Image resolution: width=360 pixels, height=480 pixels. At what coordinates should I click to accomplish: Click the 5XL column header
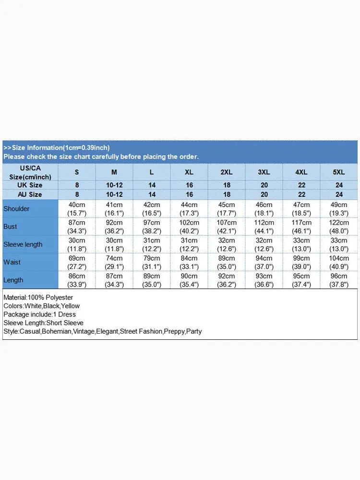point(339,172)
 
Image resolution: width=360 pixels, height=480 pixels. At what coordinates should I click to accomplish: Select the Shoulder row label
point(16,209)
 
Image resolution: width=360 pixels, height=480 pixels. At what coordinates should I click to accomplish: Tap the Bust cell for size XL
point(189,227)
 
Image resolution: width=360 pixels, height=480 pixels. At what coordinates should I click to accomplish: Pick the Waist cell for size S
point(77,262)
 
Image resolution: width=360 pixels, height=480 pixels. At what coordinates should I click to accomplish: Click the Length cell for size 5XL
point(339,280)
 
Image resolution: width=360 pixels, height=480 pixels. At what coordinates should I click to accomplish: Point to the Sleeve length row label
point(23,244)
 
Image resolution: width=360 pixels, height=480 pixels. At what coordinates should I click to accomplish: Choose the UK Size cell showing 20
point(264,185)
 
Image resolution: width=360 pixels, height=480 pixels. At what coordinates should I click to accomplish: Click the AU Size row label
point(29,194)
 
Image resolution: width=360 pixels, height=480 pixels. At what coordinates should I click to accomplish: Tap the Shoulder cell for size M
point(114,209)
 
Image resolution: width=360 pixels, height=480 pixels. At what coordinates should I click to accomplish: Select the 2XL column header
point(227,172)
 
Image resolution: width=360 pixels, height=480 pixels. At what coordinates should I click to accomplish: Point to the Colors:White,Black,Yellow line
point(41,306)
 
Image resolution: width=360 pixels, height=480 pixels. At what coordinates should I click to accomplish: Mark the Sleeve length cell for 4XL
point(301,244)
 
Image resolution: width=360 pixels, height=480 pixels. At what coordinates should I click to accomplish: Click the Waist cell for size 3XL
point(264,262)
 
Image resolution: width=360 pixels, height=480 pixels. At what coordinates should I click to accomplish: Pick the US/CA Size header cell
point(29,172)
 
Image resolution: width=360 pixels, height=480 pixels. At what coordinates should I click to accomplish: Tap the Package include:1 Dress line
point(39,314)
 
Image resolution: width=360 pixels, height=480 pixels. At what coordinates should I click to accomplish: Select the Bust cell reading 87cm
point(77,227)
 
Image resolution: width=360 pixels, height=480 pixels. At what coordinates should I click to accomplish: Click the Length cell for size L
point(152,280)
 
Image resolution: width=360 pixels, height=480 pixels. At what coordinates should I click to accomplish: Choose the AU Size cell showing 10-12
point(114,194)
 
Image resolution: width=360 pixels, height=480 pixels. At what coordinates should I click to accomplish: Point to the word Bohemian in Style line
point(57,332)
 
